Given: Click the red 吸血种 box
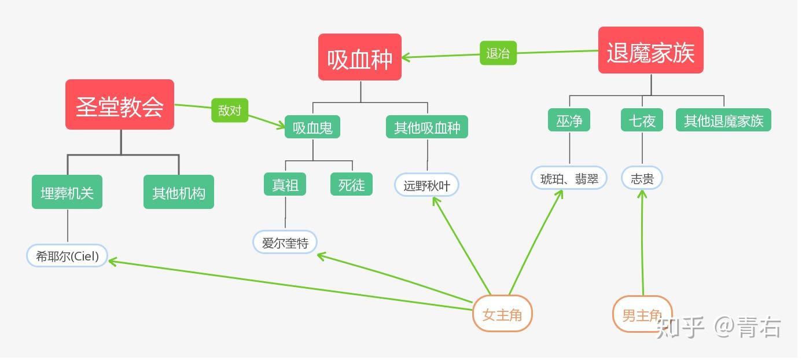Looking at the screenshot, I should coord(359,57).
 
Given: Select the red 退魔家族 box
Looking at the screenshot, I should coord(650,50).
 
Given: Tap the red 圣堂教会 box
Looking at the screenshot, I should coord(120,105).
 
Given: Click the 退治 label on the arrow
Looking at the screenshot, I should coord(498,53).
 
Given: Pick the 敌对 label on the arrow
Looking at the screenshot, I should coord(229,110).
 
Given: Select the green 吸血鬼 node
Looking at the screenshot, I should coord(312,127).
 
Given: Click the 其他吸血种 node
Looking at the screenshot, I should coord(427,127).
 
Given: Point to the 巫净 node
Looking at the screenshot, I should coord(569,120).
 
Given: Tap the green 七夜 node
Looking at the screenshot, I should coord(642,120).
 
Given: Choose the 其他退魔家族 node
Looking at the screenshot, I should coord(723,120).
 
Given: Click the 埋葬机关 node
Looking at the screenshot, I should coord(67,192).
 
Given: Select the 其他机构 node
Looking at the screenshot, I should coord(179,192).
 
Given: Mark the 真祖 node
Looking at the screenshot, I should coord(285,185).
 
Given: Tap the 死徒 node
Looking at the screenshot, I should coord(352,185).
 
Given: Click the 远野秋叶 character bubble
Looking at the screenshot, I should coord(427,185).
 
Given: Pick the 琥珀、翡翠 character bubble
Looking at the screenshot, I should coord(569,178).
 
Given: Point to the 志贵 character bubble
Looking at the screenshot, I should coord(642,178).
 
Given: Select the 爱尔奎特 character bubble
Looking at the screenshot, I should coord(285,243).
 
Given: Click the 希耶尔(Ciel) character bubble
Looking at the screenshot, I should coord(67,255).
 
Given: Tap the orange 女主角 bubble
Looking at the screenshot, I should coord(502,314).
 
